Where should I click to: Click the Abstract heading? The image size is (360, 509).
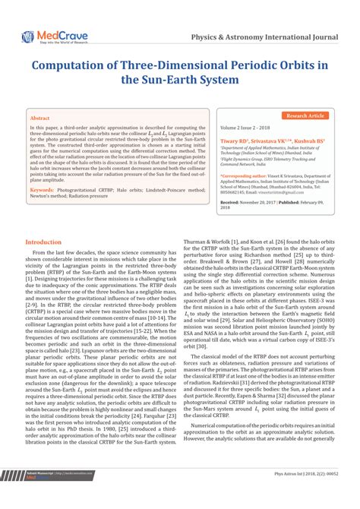click(x=39, y=119)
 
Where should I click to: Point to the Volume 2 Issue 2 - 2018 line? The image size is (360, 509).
click(x=248, y=129)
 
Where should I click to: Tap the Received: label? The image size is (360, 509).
click(x=230, y=203)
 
